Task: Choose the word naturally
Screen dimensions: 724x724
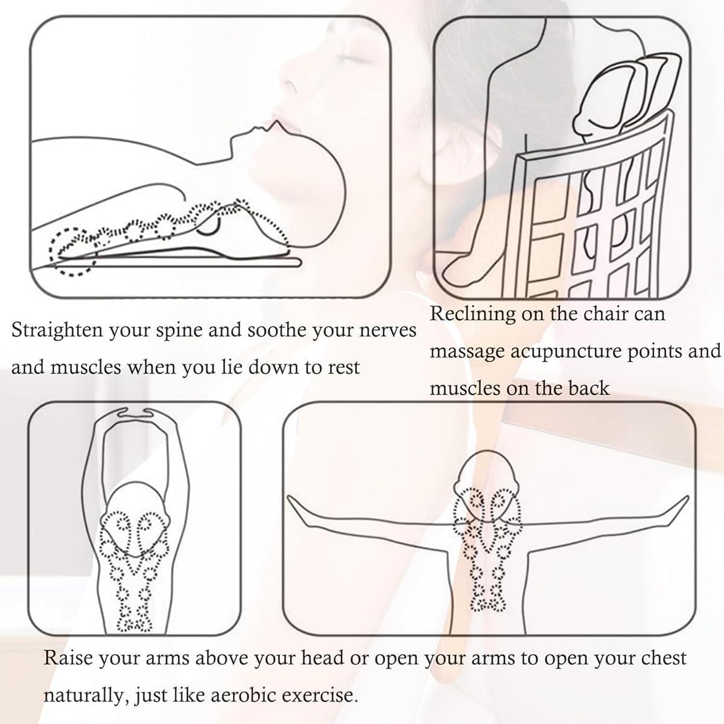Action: [84, 695]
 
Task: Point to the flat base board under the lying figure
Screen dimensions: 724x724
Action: [181, 263]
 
